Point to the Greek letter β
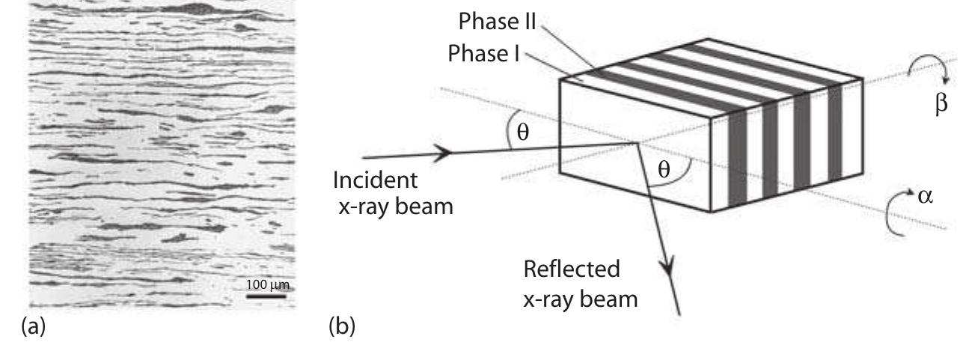tap(941, 103)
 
